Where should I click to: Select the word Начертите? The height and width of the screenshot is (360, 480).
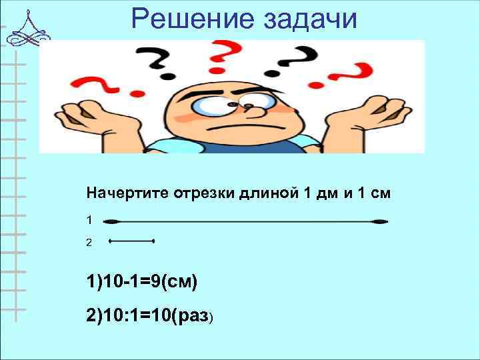click(128, 194)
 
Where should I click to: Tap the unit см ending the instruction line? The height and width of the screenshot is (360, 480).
click(378, 194)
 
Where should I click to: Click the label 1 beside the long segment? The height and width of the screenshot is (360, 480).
click(89, 219)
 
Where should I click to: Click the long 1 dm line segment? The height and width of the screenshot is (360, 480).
click(247, 221)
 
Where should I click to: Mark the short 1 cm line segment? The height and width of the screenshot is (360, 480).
click(131, 240)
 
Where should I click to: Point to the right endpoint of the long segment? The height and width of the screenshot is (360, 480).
click(382, 221)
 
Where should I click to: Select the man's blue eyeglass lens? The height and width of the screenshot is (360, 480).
click(215, 105)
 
